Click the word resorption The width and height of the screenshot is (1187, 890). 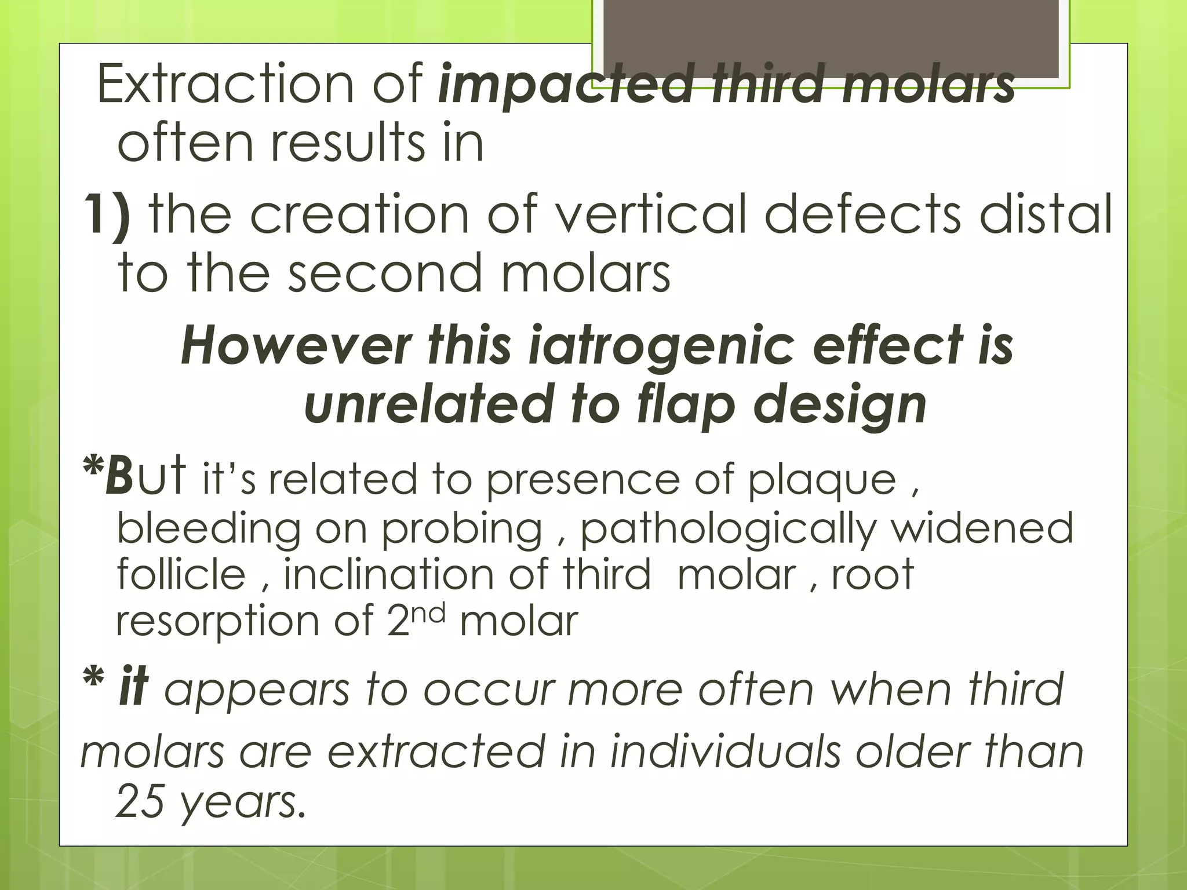coord(217,622)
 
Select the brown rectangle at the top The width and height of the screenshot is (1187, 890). coord(831,38)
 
